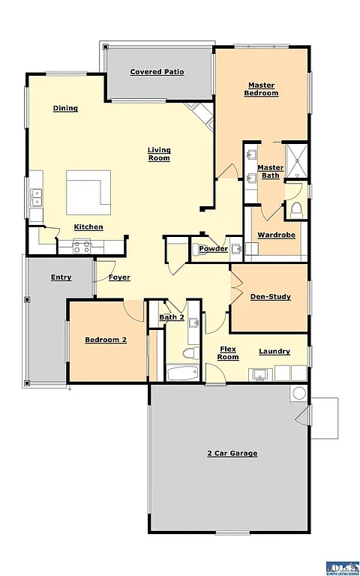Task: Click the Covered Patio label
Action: click(x=157, y=72)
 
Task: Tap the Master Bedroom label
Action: click(x=261, y=89)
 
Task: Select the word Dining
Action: click(x=65, y=109)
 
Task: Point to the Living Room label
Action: click(x=158, y=154)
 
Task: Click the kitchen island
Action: click(x=88, y=192)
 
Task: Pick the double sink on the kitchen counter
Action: click(x=36, y=197)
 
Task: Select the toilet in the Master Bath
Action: click(x=295, y=208)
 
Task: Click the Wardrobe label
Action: click(x=276, y=235)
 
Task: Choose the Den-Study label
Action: click(x=270, y=297)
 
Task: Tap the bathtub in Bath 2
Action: click(x=182, y=373)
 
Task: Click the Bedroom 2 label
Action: click(x=105, y=340)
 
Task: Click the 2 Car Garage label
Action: click(x=232, y=453)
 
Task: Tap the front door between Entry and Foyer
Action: click(x=95, y=277)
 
